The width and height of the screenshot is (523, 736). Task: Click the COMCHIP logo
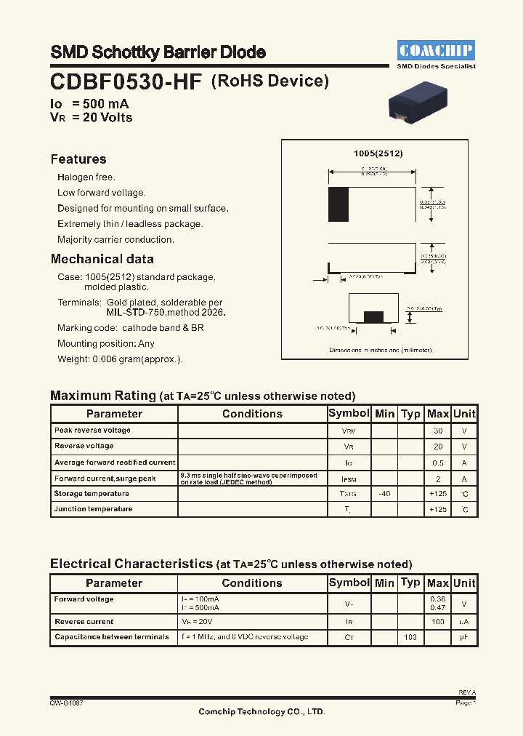437,50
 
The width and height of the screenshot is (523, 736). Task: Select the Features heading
78,159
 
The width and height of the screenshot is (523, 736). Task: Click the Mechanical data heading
102,259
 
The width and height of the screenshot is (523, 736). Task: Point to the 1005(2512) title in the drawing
378,153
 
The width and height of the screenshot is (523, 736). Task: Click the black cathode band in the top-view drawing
338,204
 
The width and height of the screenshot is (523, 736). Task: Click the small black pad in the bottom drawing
373,316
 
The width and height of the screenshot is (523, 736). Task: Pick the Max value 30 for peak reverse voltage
438,431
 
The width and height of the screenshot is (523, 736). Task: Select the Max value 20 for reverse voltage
438,447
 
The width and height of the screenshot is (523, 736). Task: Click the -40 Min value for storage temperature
384,494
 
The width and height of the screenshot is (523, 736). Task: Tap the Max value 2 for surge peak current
438,479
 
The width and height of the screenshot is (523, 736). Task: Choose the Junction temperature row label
93,509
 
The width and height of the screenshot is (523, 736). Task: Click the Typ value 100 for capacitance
410,637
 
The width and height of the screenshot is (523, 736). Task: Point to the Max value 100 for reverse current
438,623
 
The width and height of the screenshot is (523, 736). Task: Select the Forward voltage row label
84,599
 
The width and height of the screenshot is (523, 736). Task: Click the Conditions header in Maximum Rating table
252,414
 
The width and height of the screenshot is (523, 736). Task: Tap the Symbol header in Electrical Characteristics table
349,583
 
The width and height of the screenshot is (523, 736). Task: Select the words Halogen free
86,177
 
